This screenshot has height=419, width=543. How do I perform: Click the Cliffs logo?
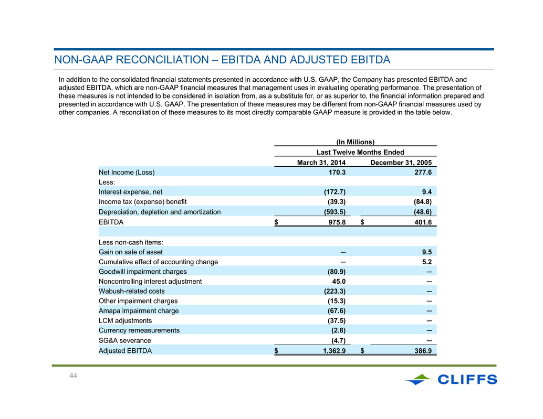coord(451,379)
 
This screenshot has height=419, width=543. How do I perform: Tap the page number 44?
coord(73,376)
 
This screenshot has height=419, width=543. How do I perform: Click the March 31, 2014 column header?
coord(321,163)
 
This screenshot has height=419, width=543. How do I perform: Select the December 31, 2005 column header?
coord(401,163)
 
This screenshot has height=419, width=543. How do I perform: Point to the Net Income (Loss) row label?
coord(127,172)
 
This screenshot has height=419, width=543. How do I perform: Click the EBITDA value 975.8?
coord(337,222)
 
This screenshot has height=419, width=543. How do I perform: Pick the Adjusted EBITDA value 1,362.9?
coord(334,351)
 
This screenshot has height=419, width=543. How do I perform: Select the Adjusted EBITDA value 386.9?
coord(423,351)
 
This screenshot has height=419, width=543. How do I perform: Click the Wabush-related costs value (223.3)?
coord(335,291)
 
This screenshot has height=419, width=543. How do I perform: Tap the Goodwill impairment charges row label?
coord(142,272)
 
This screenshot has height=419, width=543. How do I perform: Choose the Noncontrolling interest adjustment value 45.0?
coord(339,282)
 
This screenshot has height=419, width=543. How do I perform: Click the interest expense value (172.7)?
coord(335,192)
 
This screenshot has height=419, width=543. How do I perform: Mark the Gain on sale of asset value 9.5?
coord(426,252)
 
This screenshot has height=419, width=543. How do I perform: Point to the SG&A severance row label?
coord(124,340)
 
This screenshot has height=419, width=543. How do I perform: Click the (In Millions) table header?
coord(356,142)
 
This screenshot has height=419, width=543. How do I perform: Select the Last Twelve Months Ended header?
coord(360,152)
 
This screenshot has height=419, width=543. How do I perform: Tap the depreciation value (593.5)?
coord(335,212)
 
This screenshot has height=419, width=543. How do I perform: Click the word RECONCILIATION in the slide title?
coord(162,59)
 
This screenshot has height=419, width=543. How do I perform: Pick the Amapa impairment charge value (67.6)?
coord(337,311)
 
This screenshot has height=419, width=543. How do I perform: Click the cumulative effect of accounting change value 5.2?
coord(426,262)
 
